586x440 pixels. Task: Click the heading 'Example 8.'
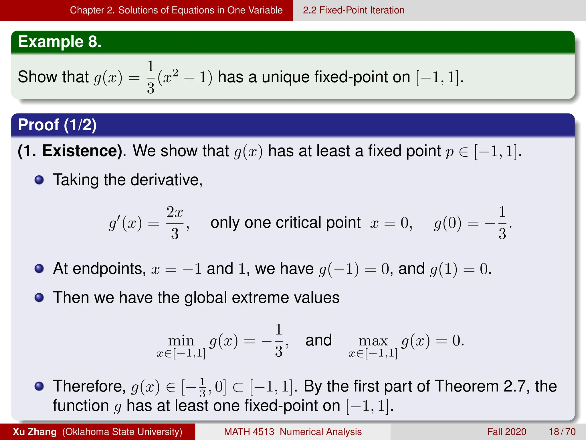tap(60, 42)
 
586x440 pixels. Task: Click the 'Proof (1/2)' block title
tap(57, 125)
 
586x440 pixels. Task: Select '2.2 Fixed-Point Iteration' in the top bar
tap(353, 10)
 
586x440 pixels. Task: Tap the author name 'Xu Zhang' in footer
tap(35, 432)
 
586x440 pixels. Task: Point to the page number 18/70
tap(562, 432)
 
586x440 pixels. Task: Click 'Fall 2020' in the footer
tap(507, 432)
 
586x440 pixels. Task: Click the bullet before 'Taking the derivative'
tap(39, 180)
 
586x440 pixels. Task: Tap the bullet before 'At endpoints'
tap(39, 269)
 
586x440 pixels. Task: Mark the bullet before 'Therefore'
tap(39, 386)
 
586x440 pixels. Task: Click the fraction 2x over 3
tap(175, 223)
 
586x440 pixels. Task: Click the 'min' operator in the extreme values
tap(181, 341)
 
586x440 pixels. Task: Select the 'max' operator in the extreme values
tap(373, 341)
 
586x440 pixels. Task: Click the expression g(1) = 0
tap(460, 269)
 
